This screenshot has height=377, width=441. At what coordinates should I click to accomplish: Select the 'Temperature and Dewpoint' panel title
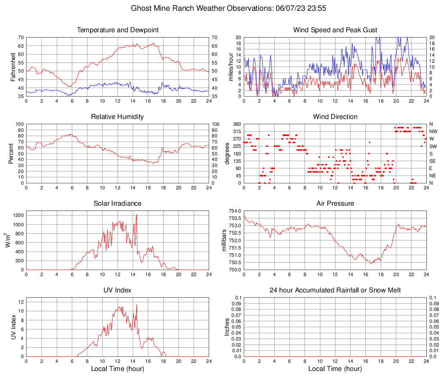click(118, 30)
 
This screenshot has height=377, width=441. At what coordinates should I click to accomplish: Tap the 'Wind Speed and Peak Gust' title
click(335, 30)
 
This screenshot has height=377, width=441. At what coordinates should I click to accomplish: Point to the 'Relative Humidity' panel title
click(118, 117)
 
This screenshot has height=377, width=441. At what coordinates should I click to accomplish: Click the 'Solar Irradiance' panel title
click(118, 204)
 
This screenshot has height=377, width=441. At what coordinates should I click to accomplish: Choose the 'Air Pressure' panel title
click(335, 204)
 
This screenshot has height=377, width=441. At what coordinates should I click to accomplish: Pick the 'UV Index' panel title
click(118, 290)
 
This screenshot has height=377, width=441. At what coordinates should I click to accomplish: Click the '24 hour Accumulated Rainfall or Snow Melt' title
click(335, 290)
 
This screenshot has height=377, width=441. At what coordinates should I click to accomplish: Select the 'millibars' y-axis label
click(224, 240)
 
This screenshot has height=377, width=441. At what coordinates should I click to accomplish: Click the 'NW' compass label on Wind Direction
click(433, 131)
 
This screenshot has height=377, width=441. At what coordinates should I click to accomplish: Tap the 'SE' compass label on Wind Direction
click(433, 161)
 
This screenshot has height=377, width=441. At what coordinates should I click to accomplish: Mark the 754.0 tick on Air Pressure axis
click(236, 211)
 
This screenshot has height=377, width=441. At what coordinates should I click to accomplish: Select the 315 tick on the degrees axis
click(238, 131)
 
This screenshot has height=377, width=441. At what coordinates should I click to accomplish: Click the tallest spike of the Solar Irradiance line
click(137, 214)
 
